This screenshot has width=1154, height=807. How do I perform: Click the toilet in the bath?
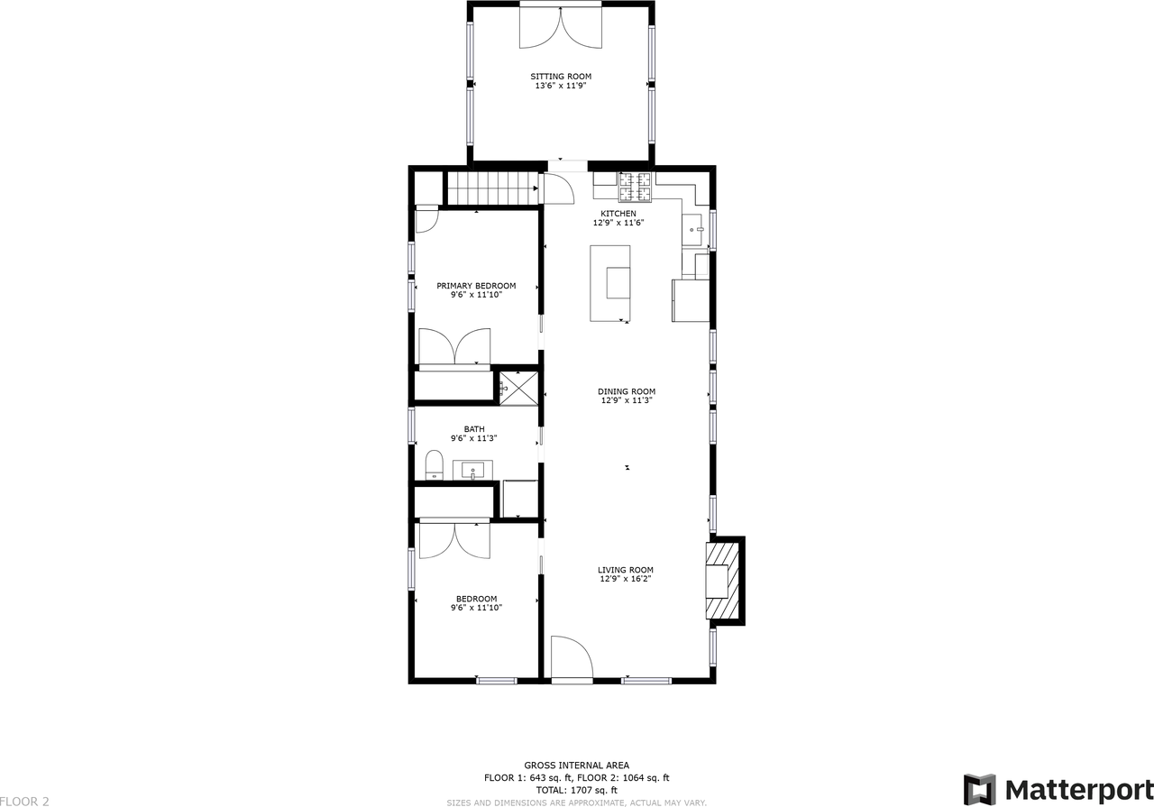tap(435, 465)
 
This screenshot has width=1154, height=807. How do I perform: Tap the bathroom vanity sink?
tap(472, 470)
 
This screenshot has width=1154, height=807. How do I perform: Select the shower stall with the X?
tap(518, 388)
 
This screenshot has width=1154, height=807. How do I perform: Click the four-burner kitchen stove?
tap(636, 187)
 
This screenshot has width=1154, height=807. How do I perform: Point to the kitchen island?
tap(610, 283)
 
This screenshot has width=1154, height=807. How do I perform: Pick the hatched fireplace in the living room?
tap(722, 581)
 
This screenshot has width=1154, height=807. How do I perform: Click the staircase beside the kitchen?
tap(492, 188)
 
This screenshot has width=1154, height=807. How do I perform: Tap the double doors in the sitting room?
tap(561, 28)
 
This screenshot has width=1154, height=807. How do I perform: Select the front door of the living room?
tap(572, 657)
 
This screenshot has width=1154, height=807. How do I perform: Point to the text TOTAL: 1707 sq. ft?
tap(576, 790)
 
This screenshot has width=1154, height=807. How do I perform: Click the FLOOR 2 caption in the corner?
tap(24, 802)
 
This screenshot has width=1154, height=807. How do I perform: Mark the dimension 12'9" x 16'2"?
tap(626, 579)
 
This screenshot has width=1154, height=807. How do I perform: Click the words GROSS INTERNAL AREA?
tap(576, 766)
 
